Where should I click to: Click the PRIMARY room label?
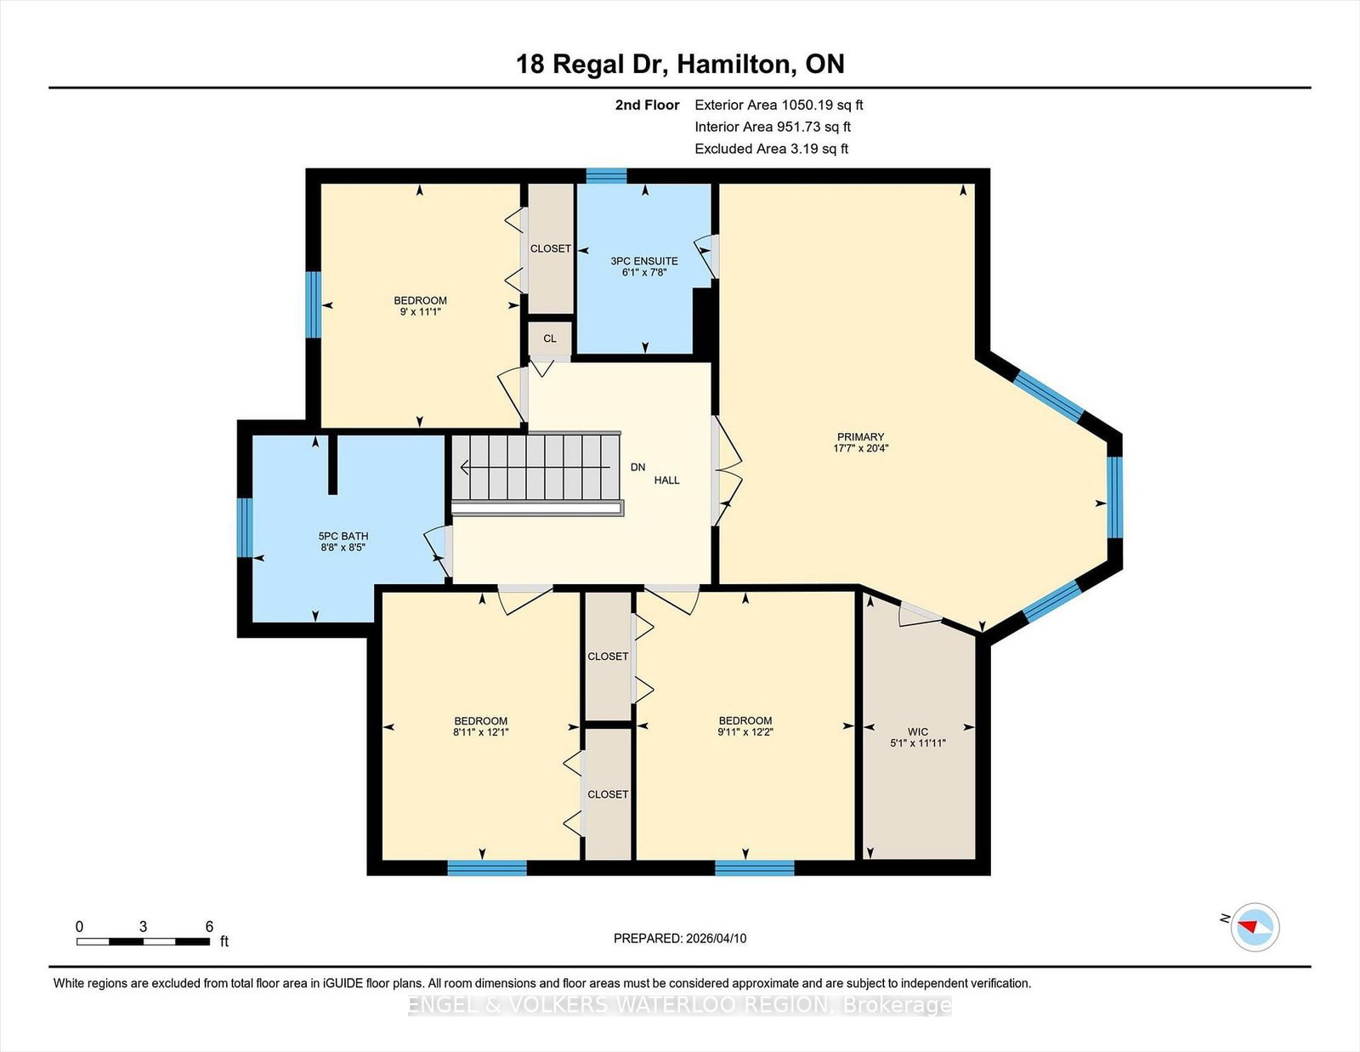click(860, 436)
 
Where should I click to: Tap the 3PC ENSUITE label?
click(644, 261)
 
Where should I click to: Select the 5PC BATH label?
click(343, 536)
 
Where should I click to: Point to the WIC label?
click(917, 731)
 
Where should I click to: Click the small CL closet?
click(549, 338)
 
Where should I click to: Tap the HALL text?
click(666, 481)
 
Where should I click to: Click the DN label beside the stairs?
click(637, 467)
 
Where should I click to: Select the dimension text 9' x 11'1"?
click(420, 312)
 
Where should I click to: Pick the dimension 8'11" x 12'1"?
click(480, 731)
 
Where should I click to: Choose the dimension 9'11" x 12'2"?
click(745, 731)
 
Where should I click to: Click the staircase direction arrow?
click(535, 467)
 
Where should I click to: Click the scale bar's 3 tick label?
click(144, 927)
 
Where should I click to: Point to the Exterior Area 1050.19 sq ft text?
click(779, 105)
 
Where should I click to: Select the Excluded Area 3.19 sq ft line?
click(772, 149)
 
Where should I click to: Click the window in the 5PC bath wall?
click(245, 527)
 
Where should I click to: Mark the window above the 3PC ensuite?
click(606, 175)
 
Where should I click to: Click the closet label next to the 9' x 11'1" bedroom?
click(550, 248)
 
